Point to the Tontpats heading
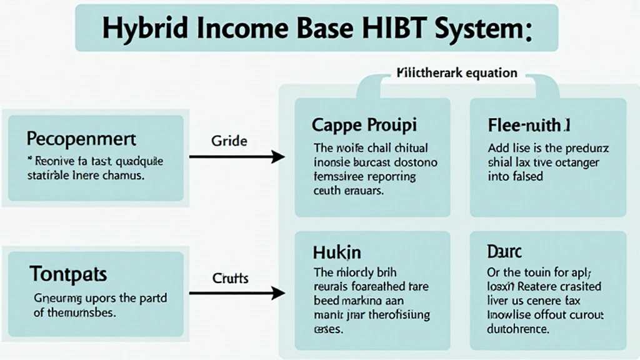(68, 273)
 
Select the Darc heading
(504, 252)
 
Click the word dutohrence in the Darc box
(517, 328)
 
